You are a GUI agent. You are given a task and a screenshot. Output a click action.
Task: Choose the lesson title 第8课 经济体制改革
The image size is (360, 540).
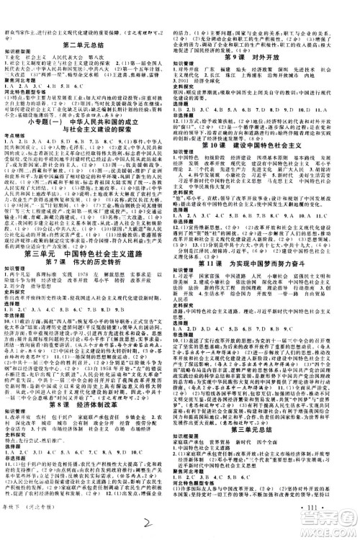[x=90, y=395]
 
